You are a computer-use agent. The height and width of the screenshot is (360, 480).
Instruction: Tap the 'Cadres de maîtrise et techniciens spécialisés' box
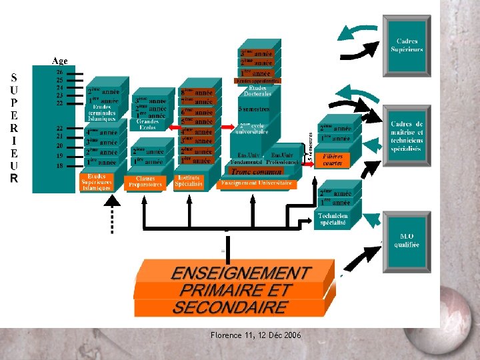(407, 137)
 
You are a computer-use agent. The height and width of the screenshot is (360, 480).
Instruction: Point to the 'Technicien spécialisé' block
(333, 219)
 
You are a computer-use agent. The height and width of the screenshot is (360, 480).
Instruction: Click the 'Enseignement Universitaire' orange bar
(257, 182)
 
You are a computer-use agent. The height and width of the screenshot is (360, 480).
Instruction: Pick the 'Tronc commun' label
(256, 171)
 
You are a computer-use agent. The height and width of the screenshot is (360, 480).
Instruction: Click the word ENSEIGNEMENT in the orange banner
(241, 273)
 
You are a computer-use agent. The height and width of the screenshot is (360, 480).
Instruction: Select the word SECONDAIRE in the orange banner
(230, 307)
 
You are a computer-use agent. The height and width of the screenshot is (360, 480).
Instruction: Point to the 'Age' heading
(60, 61)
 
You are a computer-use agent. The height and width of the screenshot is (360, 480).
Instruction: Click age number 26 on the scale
(60, 72)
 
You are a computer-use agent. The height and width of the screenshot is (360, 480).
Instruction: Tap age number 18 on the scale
(60, 165)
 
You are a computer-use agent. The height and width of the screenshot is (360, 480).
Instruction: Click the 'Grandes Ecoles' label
(147, 124)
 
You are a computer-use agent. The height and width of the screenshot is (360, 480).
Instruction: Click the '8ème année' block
(197, 93)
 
